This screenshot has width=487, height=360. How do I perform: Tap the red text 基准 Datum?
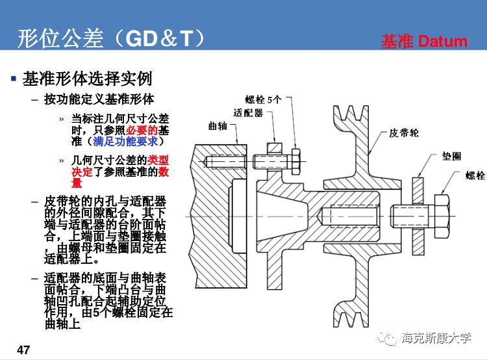424,42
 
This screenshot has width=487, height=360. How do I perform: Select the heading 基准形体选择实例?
87,79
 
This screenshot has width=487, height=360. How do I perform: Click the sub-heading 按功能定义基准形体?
99,99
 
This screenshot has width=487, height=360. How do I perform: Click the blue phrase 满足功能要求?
127,141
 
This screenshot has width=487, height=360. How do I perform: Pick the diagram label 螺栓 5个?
264,99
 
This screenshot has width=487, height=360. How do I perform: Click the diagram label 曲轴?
218,125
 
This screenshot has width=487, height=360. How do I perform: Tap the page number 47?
23,350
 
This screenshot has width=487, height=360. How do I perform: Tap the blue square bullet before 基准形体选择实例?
13,79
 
